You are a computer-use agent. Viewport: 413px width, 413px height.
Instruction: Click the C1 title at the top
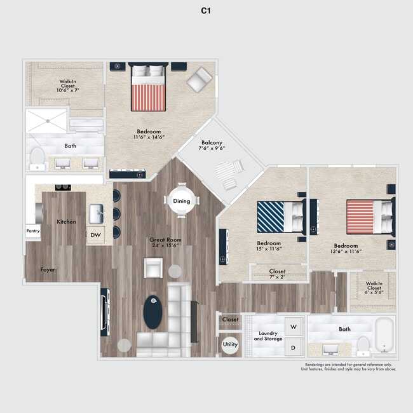coord(206,11)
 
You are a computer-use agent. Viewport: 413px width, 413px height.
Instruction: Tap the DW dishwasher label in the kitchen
coord(95,234)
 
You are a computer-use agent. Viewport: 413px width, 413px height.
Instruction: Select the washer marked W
coord(294,327)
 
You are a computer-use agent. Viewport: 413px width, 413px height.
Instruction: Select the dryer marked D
coord(294,348)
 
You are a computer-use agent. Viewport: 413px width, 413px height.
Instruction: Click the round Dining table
coord(181,201)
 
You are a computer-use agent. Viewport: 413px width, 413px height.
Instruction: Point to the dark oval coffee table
coord(152,312)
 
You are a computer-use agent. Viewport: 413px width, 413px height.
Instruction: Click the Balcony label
coord(212,146)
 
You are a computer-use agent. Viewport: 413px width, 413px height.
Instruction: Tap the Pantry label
coord(33,232)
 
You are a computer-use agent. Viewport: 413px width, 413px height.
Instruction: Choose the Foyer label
coord(47,269)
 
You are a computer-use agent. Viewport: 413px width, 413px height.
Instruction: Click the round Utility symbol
coord(230,344)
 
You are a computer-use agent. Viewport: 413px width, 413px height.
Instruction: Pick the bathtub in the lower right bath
coord(384,335)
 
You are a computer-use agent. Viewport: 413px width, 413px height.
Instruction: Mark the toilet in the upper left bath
coord(38,157)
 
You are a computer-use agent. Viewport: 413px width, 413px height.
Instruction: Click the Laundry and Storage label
coord(267,336)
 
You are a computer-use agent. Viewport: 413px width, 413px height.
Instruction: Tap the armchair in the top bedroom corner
coord(200,79)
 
